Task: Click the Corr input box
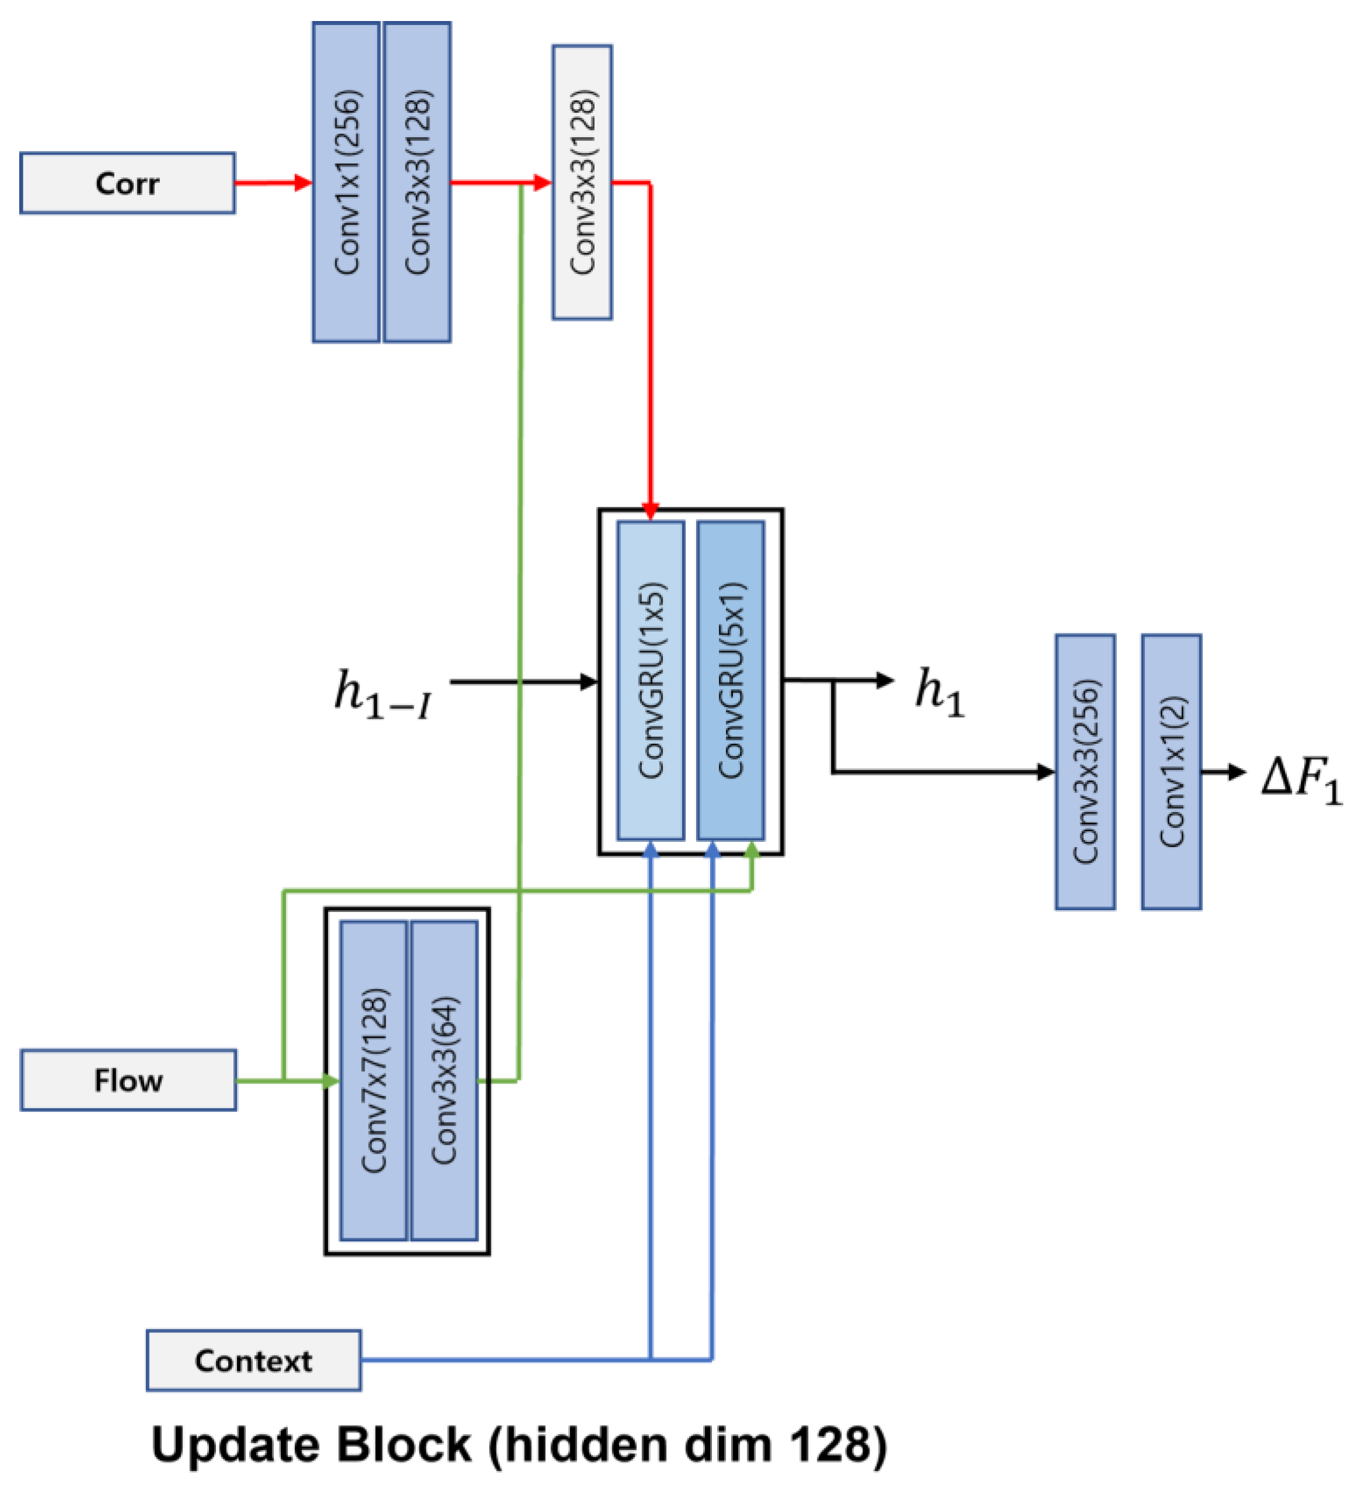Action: (127, 183)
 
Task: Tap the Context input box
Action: (253, 1361)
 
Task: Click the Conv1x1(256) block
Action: (346, 182)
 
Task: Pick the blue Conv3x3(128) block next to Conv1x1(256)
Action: (417, 182)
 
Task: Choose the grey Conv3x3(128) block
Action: (582, 182)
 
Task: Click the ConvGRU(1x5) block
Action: (651, 680)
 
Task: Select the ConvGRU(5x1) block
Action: (731, 680)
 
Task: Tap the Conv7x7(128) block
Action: (373, 1081)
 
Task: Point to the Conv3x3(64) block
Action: (443, 1081)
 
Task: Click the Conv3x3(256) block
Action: (1085, 771)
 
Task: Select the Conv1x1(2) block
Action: (1171, 771)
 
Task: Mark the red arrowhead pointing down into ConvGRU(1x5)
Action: (651, 511)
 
